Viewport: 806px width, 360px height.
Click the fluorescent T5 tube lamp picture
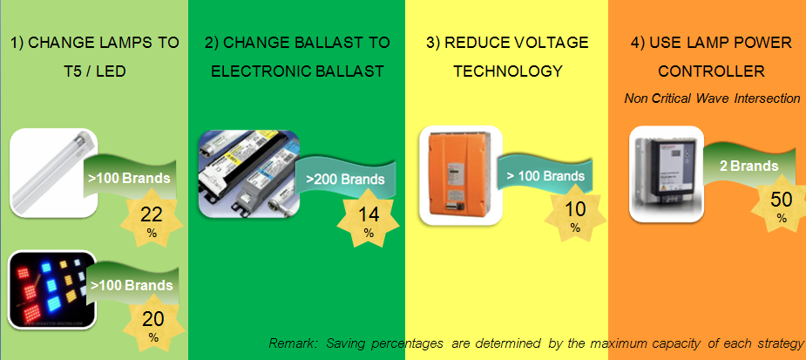[x=53, y=173]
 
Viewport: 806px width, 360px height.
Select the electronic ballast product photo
[x=249, y=173]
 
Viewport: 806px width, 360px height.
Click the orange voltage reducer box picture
[x=461, y=175]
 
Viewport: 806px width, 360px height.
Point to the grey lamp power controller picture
[x=667, y=173]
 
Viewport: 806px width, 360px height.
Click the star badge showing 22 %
[x=152, y=218]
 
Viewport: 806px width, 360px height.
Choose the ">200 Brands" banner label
[x=345, y=180]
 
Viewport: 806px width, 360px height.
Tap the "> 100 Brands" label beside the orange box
[x=545, y=176]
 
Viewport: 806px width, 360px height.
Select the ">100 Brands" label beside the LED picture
[x=132, y=285]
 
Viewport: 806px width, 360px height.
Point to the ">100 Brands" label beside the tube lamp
[x=128, y=179]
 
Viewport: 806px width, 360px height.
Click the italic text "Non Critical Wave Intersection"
[x=712, y=98]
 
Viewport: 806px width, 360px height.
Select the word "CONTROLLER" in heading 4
[x=712, y=71]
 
